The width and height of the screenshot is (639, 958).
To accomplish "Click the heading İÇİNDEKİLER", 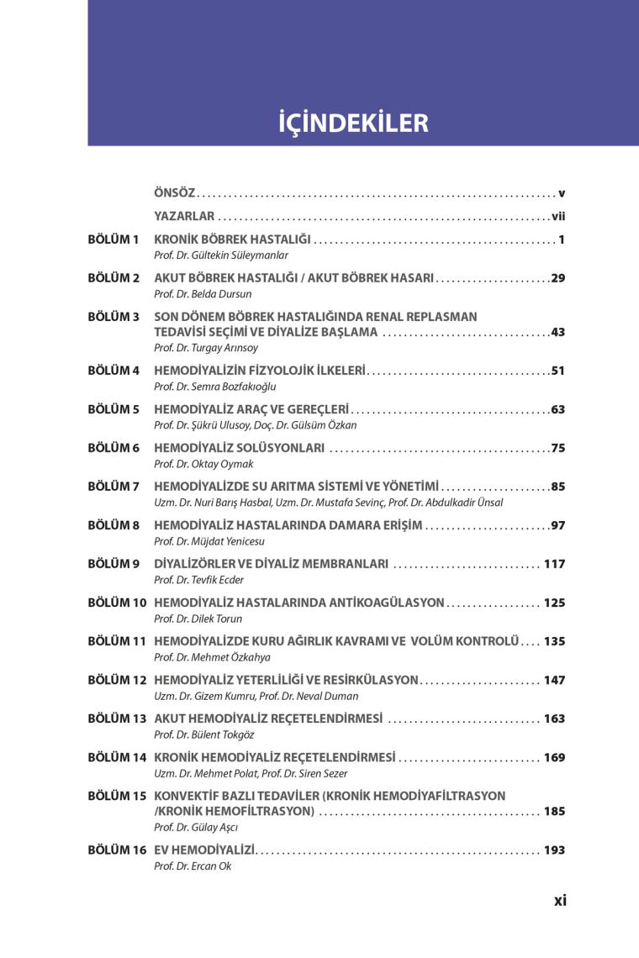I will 353,123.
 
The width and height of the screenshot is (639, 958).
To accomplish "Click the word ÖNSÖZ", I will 174,193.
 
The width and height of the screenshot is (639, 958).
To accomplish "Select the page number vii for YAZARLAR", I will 558,216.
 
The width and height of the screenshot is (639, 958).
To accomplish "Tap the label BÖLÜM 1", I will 114,239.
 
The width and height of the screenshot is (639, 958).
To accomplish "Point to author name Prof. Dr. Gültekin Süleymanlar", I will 221,255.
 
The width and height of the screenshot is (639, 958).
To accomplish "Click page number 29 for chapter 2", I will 558,277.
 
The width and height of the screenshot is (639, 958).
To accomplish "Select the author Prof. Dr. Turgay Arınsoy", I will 206,347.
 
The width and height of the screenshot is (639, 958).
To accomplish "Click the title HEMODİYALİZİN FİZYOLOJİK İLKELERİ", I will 260,371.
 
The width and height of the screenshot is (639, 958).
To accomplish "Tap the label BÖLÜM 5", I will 114,409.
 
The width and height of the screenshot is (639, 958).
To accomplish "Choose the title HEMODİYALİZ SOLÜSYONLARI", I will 240,448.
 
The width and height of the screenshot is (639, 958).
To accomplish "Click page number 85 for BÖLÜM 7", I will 558,486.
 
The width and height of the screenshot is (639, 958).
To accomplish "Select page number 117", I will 554,563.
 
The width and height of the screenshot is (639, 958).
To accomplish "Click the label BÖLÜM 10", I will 117,603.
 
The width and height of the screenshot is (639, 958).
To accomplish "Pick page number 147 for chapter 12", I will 554,679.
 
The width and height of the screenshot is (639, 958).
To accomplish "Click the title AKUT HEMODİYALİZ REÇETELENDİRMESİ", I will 268,718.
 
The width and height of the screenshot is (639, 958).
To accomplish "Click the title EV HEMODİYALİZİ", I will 204,850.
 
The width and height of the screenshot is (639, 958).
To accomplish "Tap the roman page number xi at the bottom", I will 560,900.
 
